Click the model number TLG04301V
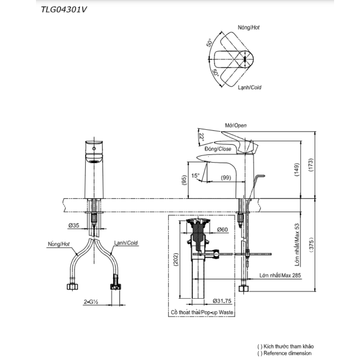(x=64, y=10)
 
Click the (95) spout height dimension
(x=184, y=180)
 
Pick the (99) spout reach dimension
(x=226, y=177)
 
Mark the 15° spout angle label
(x=195, y=176)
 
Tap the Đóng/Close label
(x=218, y=148)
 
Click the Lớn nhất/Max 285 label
(x=280, y=275)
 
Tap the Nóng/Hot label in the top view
(x=248, y=27)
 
